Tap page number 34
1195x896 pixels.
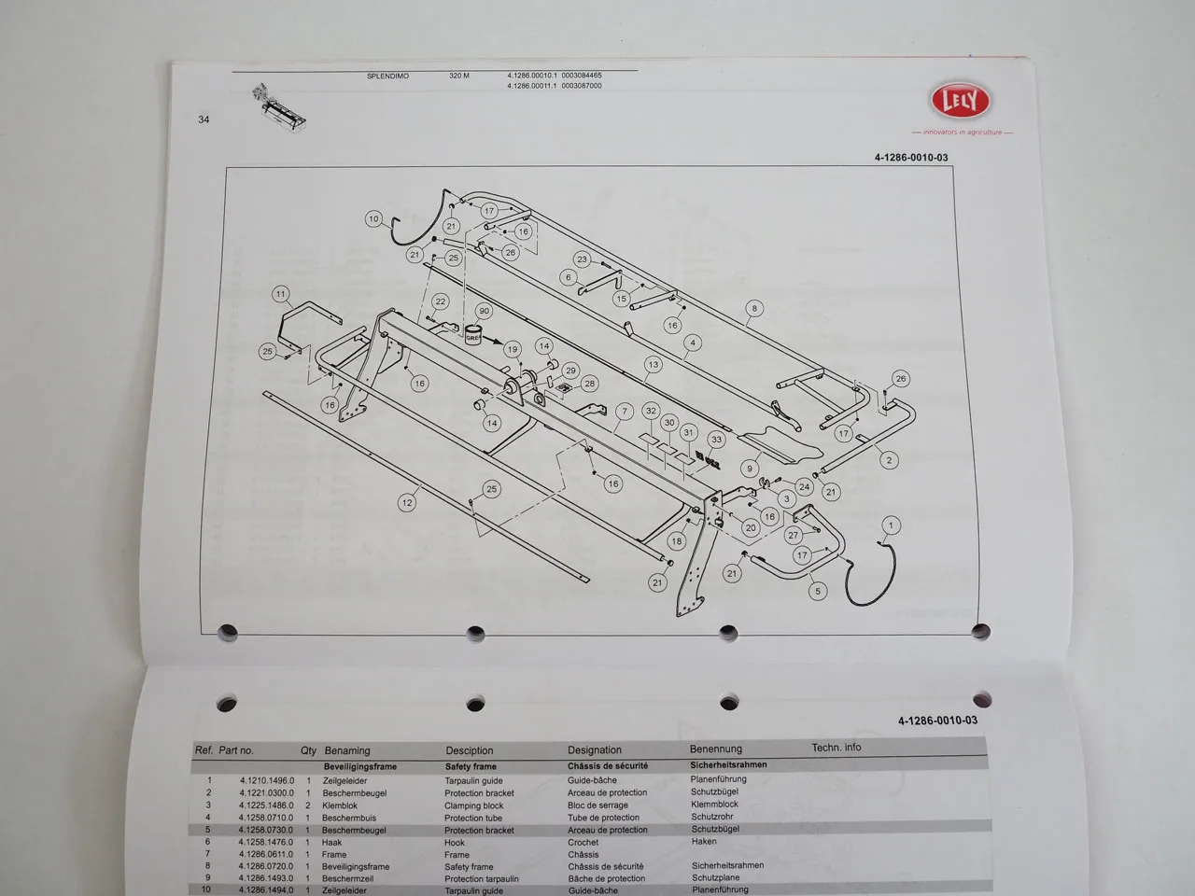(x=204, y=119)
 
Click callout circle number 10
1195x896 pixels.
(x=373, y=219)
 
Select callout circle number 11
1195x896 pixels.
(x=281, y=294)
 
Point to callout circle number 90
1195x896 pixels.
(x=484, y=311)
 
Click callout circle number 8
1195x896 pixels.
(x=754, y=308)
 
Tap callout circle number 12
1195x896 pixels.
(x=406, y=502)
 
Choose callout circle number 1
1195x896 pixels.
(x=891, y=525)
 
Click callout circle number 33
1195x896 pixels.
(x=716, y=439)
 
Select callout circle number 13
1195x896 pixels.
(x=653, y=365)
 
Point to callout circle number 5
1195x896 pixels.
(x=817, y=591)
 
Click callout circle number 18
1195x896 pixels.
(x=677, y=540)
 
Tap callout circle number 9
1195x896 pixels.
(x=750, y=469)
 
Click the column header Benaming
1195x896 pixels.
(x=347, y=750)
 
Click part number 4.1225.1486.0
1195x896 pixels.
(x=266, y=805)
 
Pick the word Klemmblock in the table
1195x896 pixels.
(x=714, y=804)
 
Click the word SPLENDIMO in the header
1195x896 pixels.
(x=387, y=76)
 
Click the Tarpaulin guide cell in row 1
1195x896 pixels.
(x=473, y=781)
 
